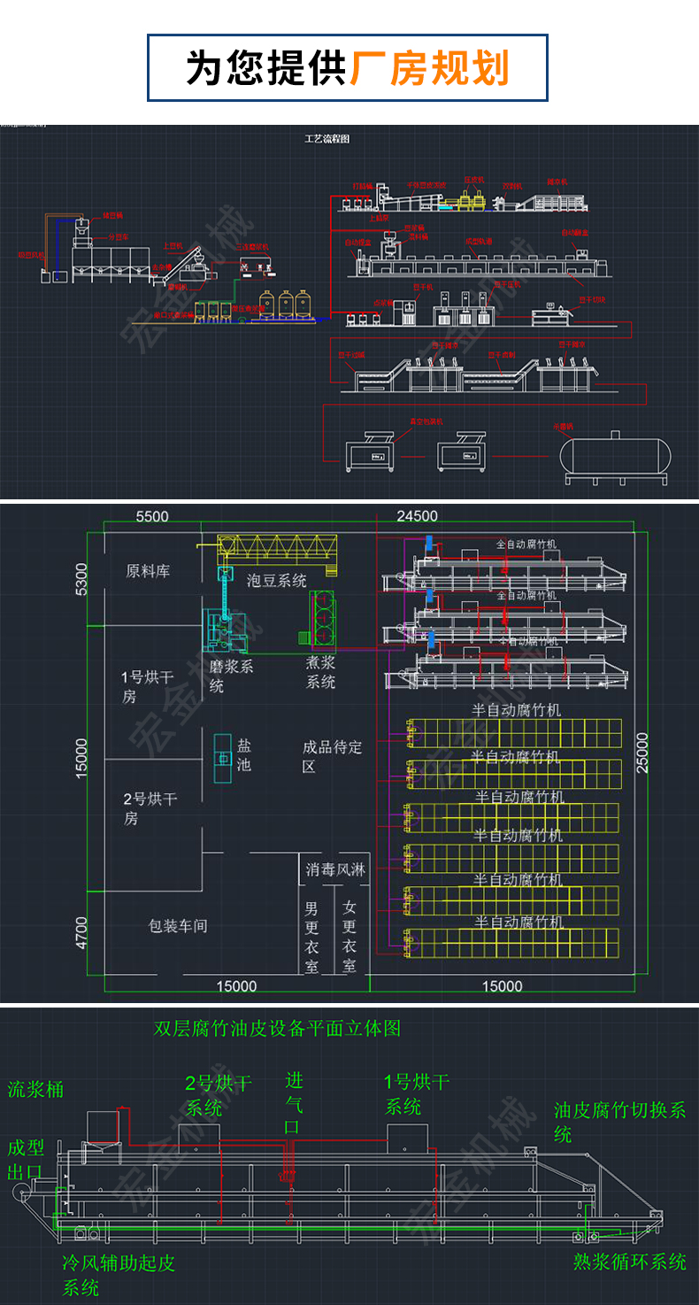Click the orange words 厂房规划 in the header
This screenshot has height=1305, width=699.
pyautogui.click(x=430, y=68)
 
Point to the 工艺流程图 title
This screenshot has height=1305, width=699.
pyautogui.click(x=327, y=139)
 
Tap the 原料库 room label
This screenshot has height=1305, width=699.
pyautogui.click(x=148, y=571)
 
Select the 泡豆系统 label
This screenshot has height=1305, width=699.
pyautogui.click(x=277, y=581)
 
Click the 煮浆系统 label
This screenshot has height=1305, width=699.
pyautogui.click(x=320, y=673)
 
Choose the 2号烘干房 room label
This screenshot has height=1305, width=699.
pyautogui.click(x=150, y=808)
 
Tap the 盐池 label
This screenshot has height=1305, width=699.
pyautogui.click(x=243, y=754)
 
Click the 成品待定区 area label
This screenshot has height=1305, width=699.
pyautogui.click(x=332, y=756)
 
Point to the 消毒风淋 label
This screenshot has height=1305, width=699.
pyautogui.click(x=334, y=870)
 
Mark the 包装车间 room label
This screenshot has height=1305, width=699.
pyautogui.click(x=178, y=926)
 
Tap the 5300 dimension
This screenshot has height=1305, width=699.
pyautogui.click(x=81, y=581)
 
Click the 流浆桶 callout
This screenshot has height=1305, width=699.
pyautogui.click(x=36, y=1089)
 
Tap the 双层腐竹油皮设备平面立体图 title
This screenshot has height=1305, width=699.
pyautogui.click(x=277, y=1028)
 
